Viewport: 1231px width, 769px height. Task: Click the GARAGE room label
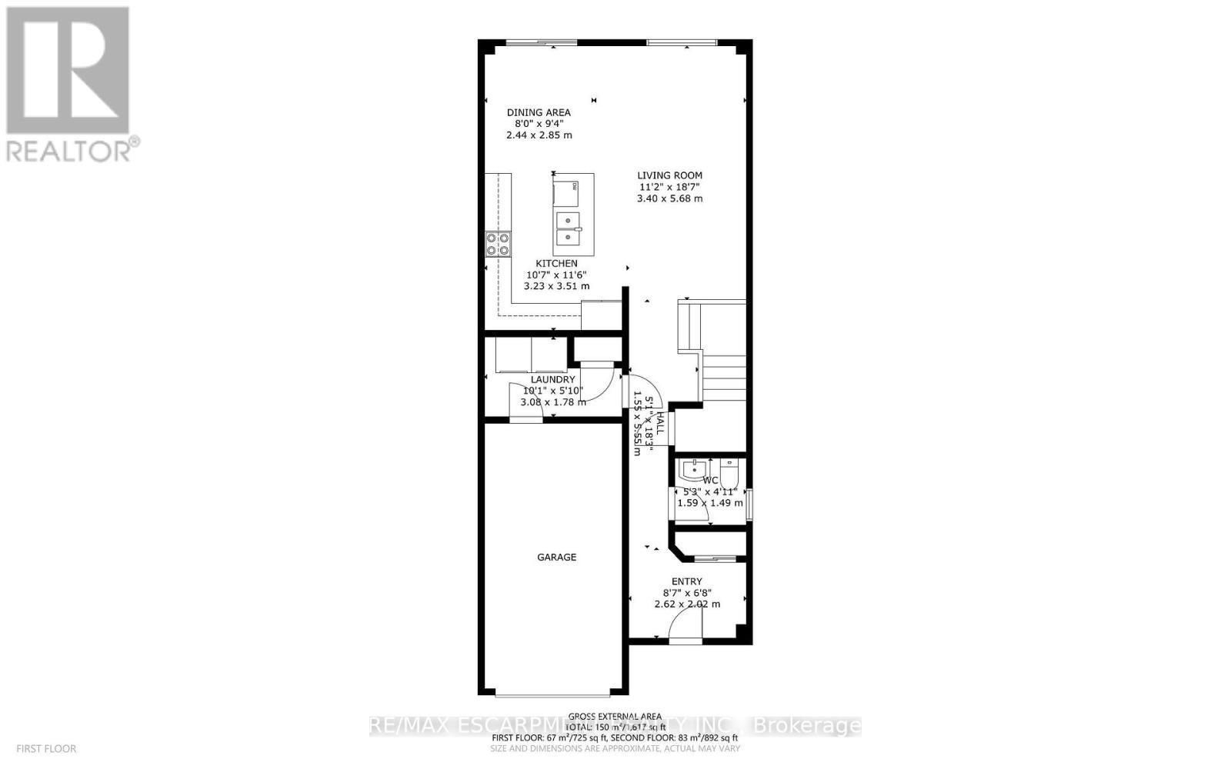coord(556,558)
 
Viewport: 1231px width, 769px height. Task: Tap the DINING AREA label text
coord(539,112)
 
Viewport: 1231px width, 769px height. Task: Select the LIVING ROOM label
coord(669,175)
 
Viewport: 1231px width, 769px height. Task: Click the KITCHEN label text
coord(556,264)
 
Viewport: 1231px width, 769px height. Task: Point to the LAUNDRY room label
coord(552,380)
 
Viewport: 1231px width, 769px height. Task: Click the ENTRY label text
coord(686,581)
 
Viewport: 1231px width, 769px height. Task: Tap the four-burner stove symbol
coord(498,244)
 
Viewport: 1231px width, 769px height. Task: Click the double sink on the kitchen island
coord(569,229)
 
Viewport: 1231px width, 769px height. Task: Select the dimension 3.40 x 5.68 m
coord(669,198)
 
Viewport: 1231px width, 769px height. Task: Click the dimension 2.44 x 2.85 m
coord(539,135)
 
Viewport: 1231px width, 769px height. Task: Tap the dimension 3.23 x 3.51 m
coord(556,286)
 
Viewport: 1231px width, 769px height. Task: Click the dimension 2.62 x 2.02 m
coord(686,604)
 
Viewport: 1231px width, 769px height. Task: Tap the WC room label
coord(709,481)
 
